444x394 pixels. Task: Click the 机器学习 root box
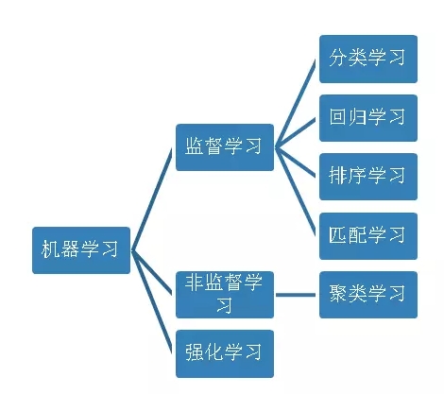click(x=81, y=250)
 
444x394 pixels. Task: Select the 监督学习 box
click(x=225, y=147)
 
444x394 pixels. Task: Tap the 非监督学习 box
click(x=225, y=295)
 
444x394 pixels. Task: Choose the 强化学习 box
click(x=225, y=353)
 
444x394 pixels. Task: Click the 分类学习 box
click(x=368, y=59)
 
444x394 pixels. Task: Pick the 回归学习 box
click(x=368, y=118)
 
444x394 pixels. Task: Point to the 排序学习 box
click(x=368, y=177)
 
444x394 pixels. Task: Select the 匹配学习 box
click(x=368, y=236)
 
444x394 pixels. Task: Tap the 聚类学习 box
click(x=368, y=295)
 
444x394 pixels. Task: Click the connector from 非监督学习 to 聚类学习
click(x=296, y=295)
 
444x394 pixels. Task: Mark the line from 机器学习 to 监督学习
click(x=151, y=199)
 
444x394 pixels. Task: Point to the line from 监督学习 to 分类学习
click(x=296, y=103)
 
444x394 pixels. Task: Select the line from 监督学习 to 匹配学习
click(x=296, y=192)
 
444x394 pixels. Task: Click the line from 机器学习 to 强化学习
click(x=151, y=301)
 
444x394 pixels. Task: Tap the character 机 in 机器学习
click(x=50, y=249)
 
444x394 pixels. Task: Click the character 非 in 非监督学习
click(x=194, y=282)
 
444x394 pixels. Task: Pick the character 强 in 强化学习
click(x=194, y=351)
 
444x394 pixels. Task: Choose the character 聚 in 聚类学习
click(x=338, y=293)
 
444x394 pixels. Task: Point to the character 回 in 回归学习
click(x=337, y=116)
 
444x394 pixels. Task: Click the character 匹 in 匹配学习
click(x=337, y=234)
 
